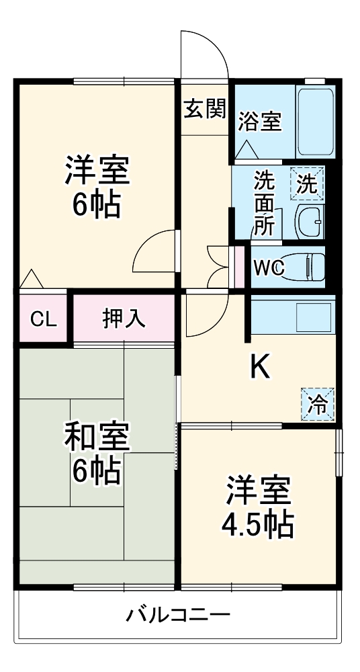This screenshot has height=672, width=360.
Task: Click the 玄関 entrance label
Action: point(205,110)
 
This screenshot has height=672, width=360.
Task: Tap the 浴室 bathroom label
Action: point(259,122)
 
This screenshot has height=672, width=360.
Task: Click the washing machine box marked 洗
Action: point(308,183)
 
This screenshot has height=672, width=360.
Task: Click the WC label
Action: point(269,267)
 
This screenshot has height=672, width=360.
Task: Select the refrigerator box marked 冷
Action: point(317,405)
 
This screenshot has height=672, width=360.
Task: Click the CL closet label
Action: point(43,319)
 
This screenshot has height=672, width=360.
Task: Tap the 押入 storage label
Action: point(124,319)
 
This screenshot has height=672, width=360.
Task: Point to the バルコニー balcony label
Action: point(178,614)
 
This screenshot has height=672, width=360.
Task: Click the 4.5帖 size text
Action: point(258,525)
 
